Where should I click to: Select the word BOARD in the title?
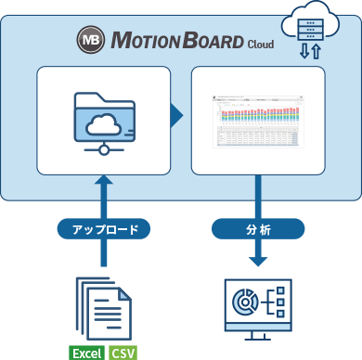coord(209,42)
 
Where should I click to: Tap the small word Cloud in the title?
coord(260,44)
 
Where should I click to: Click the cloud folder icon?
coord(103,121)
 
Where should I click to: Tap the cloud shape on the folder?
coord(103,122)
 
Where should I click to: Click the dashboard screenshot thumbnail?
coord(257,121)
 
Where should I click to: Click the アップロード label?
coord(102,228)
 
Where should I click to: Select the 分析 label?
coord(257,228)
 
